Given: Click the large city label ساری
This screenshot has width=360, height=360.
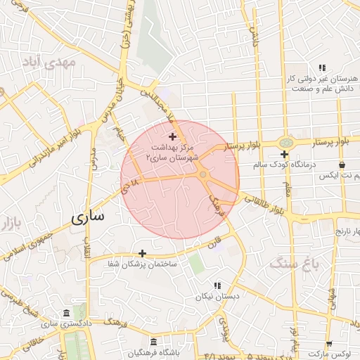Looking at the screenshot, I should [88, 217].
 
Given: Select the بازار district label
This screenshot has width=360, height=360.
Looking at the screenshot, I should [8, 224].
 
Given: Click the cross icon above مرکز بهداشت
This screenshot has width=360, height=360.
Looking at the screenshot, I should [173, 136].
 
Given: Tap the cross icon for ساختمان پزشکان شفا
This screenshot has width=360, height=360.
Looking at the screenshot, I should [143, 253].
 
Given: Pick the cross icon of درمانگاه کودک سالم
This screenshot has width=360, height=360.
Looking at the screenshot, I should [284, 154].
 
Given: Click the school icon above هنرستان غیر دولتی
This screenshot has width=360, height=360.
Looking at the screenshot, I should [321, 67].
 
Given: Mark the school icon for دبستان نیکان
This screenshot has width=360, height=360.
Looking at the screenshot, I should [217, 285].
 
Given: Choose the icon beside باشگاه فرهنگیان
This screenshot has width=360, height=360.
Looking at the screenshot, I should [133, 352].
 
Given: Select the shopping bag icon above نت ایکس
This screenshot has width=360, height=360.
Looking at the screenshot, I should [342, 165].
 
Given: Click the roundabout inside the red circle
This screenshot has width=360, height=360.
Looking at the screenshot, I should [202, 174].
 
